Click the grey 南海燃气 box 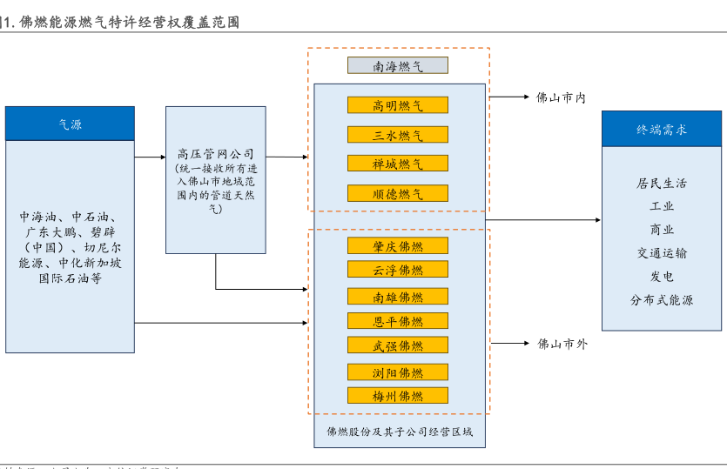[398, 65]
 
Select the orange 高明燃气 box [398, 105]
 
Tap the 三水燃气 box [398, 135]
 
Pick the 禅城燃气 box [398, 164]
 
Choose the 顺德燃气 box [398, 193]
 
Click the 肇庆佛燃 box [398, 246]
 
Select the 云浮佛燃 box [398, 270]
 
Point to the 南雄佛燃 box [398, 297]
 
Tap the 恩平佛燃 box [398, 321]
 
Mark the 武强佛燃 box [398, 345]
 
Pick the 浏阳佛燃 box [398, 372]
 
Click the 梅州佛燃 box [398, 396]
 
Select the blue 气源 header [71, 124]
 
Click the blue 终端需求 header [662, 130]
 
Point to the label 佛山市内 [561, 98]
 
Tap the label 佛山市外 [562, 344]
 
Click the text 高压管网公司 [216, 153]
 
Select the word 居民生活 [662, 184]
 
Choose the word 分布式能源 [662, 300]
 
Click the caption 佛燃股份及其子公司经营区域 [400, 432]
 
